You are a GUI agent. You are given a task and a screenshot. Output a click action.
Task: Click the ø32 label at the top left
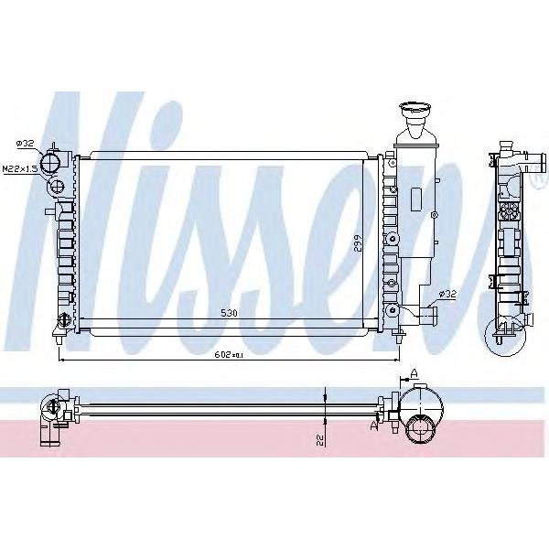point(25,143)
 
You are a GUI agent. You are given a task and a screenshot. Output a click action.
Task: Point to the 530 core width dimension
point(230,314)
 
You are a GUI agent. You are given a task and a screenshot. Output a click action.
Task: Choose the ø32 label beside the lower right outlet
point(447,293)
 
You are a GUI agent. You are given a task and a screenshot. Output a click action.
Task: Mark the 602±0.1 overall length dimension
point(231,354)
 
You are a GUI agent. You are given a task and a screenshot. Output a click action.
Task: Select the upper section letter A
point(414,372)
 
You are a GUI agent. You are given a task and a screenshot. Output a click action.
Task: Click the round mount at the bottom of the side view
point(501,340)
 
